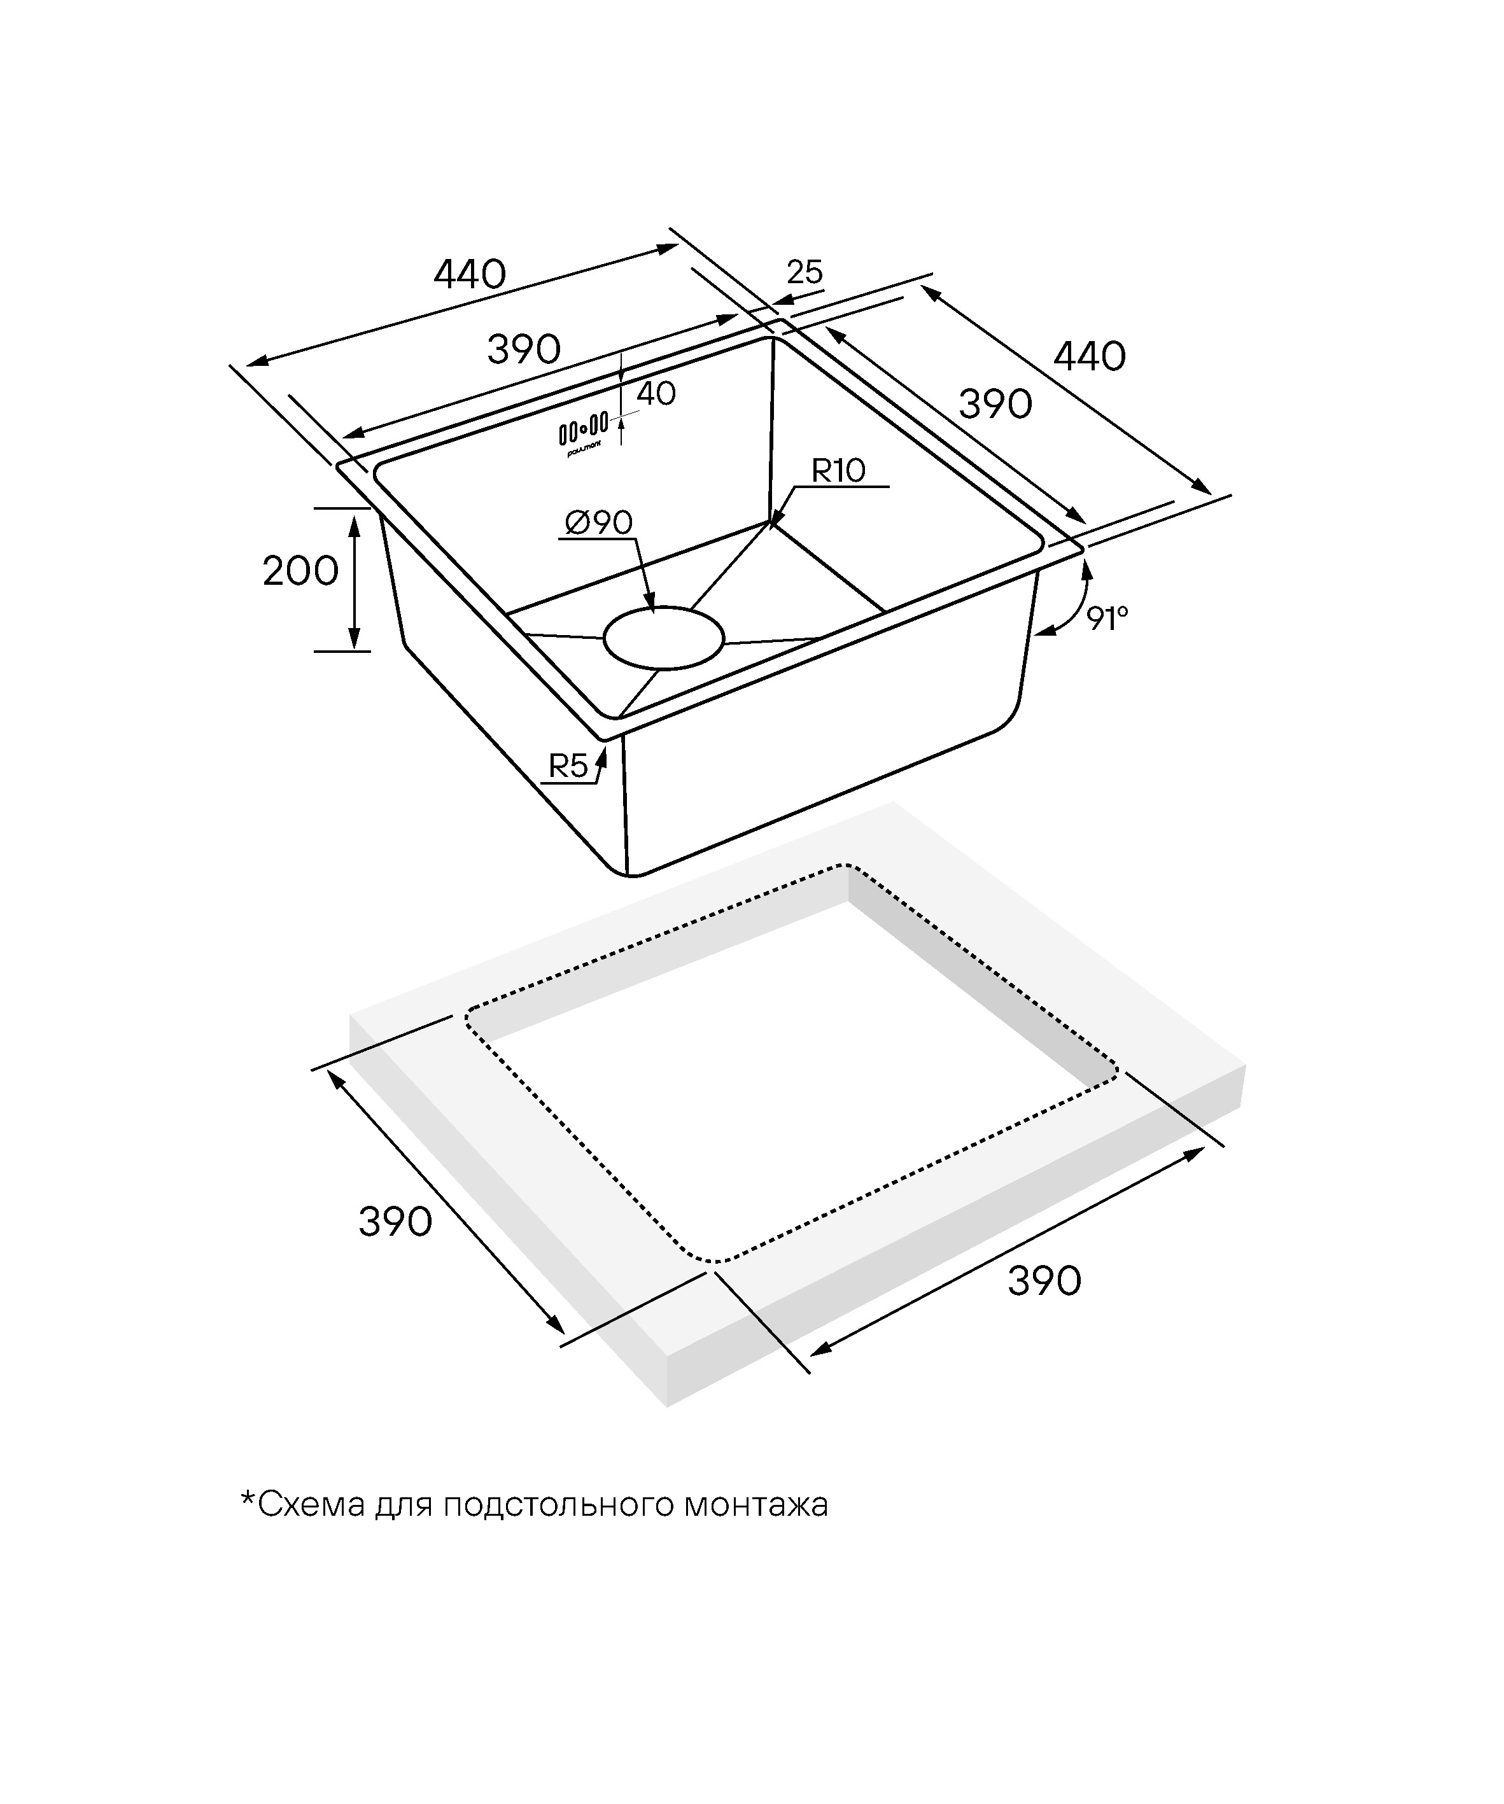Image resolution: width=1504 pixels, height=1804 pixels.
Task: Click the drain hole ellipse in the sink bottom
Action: click(663, 638)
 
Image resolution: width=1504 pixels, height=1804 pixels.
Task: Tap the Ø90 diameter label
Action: click(599, 522)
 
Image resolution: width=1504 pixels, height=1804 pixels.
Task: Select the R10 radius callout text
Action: click(839, 471)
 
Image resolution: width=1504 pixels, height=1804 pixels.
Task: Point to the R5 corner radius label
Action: click(568, 766)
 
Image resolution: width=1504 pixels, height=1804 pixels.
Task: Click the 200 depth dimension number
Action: click(300, 571)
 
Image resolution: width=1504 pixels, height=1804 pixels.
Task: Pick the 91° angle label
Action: click(1106, 618)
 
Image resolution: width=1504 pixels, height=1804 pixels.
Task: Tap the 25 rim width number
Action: click(805, 272)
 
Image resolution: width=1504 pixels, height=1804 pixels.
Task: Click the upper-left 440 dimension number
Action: click(469, 275)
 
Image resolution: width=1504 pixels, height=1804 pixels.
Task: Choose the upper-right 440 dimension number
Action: click(1090, 356)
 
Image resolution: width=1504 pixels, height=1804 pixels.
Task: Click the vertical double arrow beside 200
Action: click(353, 579)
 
